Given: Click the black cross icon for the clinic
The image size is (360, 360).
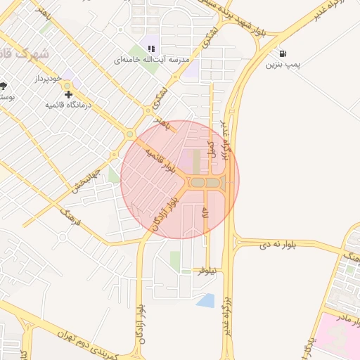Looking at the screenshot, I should click(x=68, y=94).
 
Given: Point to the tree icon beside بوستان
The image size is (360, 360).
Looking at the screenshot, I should click(x=4, y=86).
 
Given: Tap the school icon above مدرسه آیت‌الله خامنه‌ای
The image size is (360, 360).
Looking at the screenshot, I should click(x=150, y=49).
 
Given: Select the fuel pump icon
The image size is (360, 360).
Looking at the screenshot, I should click(x=282, y=53).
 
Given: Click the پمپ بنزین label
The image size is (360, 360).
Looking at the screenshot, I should click(x=283, y=65).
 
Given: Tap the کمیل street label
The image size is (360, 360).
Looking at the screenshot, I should click(x=210, y=148).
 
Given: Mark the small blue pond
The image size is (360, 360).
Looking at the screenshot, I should click(x=206, y=301).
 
